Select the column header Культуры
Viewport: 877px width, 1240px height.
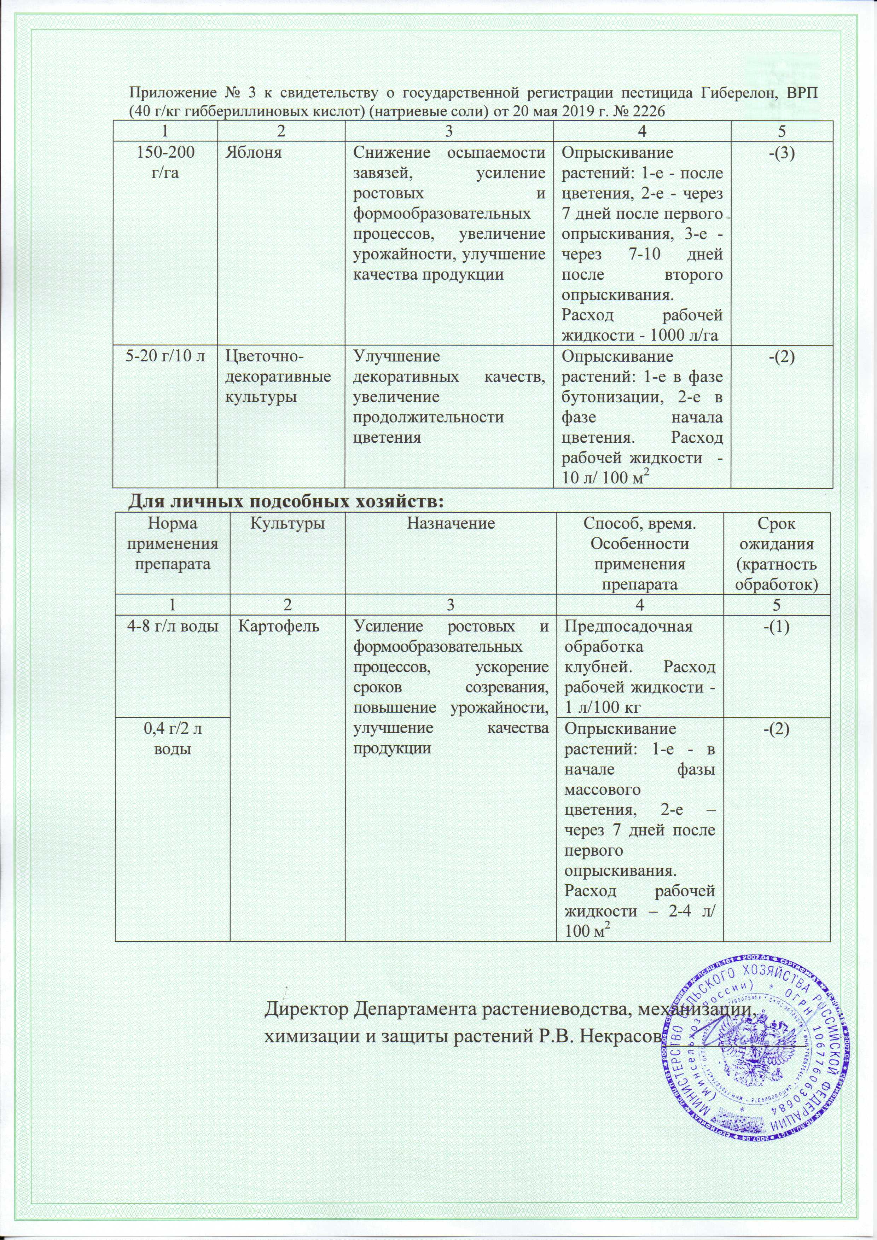pos(287,523)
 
